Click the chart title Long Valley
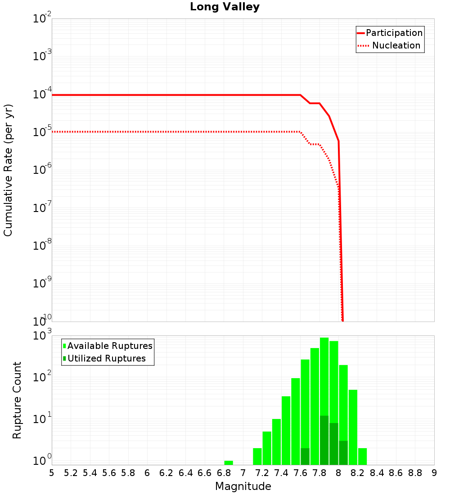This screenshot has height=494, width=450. pyautogui.click(x=225, y=7)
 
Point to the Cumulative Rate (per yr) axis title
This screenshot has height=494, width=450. pyautogui.click(x=9, y=170)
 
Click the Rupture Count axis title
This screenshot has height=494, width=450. pyautogui.click(x=17, y=400)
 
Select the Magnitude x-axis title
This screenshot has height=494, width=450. pyautogui.click(x=243, y=486)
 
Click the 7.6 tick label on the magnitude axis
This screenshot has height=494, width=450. pyautogui.click(x=300, y=473)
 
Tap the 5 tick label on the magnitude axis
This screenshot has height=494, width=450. pyautogui.click(x=52, y=473)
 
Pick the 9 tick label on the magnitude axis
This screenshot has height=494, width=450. pyautogui.click(x=434, y=473)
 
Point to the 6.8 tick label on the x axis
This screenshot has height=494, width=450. pyautogui.click(x=224, y=473)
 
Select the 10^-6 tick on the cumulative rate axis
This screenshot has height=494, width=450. pyautogui.click(x=42, y=170)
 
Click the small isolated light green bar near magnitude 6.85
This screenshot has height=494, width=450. pyautogui.click(x=229, y=463)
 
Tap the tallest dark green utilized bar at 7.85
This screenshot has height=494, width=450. pyautogui.click(x=324, y=440)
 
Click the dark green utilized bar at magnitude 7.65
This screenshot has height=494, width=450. pyautogui.click(x=305, y=456)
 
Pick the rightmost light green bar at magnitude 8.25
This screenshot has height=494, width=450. pyautogui.click(x=362, y=456)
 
